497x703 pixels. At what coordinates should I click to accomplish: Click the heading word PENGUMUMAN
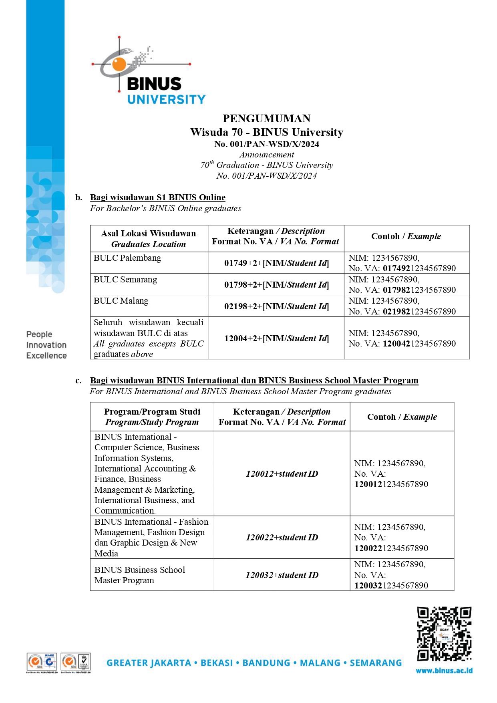point(266,119)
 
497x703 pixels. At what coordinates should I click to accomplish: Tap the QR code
point(444,634)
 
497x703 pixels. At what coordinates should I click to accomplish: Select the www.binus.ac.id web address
point(444,671)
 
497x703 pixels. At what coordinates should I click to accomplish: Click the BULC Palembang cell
point(127,258)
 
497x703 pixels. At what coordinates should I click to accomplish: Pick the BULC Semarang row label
point(125,280)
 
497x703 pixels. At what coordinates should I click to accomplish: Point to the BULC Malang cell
point(121,301)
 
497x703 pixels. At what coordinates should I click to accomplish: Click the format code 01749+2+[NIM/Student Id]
point(276,263)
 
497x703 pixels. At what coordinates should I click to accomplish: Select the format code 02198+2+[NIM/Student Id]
point(276,306)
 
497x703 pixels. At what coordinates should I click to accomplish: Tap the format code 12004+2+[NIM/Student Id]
point(276,338)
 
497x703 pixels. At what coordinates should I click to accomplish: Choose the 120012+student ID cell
point(282,474)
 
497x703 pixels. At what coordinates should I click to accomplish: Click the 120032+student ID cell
point(282,575)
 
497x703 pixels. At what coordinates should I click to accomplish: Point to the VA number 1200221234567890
point(391,548)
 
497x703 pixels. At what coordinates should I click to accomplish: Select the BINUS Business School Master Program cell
point(140,575)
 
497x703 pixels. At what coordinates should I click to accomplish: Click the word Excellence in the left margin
point(46,356)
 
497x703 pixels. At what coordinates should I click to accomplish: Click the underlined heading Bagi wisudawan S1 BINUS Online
point(158,197)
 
